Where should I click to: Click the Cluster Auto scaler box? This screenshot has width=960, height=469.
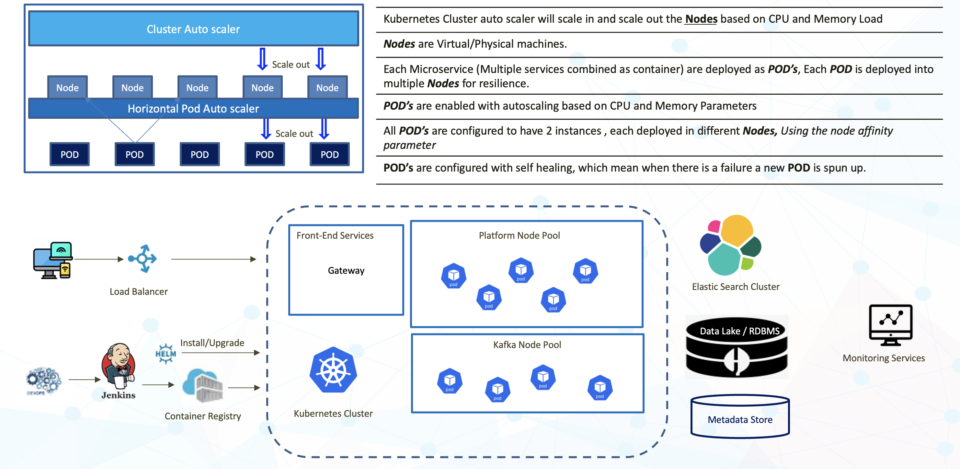[193, 29]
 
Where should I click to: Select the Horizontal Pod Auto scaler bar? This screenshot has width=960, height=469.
[193, 109]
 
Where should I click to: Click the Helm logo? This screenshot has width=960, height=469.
[166, 353]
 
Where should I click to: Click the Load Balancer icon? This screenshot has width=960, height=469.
[143, 259]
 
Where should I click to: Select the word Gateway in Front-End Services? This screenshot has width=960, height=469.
[346, 271]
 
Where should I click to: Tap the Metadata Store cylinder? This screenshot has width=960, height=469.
[740, 417]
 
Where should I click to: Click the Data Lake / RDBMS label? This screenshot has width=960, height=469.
[739, 331]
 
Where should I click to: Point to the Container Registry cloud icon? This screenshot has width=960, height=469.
[203, 386]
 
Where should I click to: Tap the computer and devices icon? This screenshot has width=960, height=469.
[53, 260]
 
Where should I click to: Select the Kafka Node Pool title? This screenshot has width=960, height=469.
[527, 345]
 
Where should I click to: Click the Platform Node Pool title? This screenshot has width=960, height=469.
[519, 235]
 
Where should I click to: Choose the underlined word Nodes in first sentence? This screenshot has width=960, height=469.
[701, 19]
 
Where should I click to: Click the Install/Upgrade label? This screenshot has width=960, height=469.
[212, 343]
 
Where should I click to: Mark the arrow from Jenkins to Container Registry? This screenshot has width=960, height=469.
[158, 385]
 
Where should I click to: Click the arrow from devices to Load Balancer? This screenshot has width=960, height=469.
[99, 259]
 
